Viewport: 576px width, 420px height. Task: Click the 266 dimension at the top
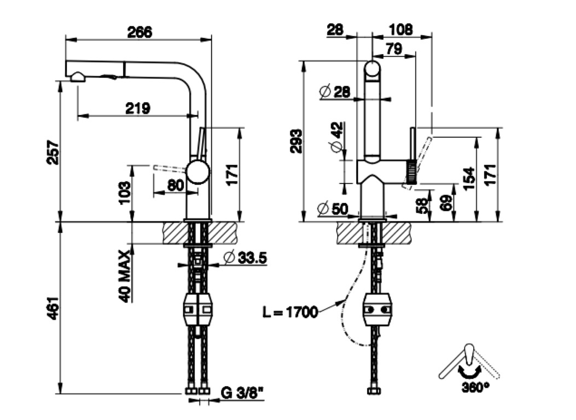coord(139,32)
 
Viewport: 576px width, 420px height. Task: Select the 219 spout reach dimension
coord(137,108)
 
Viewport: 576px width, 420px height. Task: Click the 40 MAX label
coord(125,276)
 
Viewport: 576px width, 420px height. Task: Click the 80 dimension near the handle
coord(175,185)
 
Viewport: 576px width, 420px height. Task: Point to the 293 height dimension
coord(296,141)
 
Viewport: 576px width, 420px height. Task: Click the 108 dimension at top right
coord(402,30)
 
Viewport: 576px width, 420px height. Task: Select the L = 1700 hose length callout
coord(289,312)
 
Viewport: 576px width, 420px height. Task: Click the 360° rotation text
coord(475,388)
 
